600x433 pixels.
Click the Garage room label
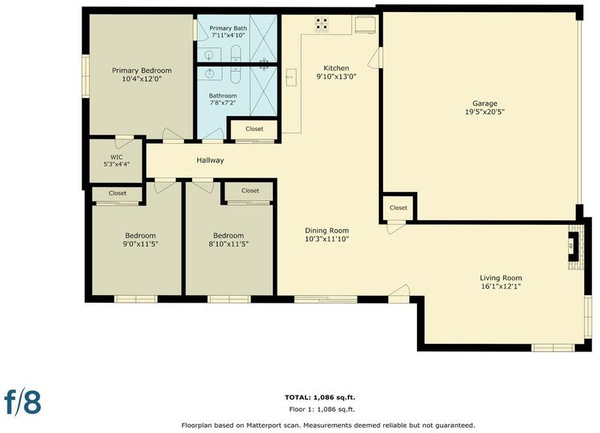(x=484, y=103)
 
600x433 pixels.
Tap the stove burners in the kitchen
(x=322, y=24)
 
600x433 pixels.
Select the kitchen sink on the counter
(x=291, y=77)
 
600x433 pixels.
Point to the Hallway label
(x=210, y=160)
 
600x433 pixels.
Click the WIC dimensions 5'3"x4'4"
(x=117, y=164)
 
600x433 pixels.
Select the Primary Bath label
(x=228, y=28)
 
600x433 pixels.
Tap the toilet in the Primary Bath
(x=235, y=53)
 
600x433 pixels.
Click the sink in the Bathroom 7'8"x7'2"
(x=209, y=73)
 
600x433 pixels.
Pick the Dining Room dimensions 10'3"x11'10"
(x=327, y=239)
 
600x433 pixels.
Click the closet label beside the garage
(x=398, y=208)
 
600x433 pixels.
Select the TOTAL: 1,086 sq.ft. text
(x=320, y=398)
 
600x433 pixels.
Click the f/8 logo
(x=22, y=402)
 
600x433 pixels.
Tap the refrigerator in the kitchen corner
(x=365, y=25)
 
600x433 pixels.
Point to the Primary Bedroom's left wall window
(x=85, y=76)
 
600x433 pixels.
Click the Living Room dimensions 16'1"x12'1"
(x=501, y=286)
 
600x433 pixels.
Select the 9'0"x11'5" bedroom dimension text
(x=140, y=243)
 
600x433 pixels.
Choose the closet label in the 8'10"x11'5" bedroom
(x=250, y=190)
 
